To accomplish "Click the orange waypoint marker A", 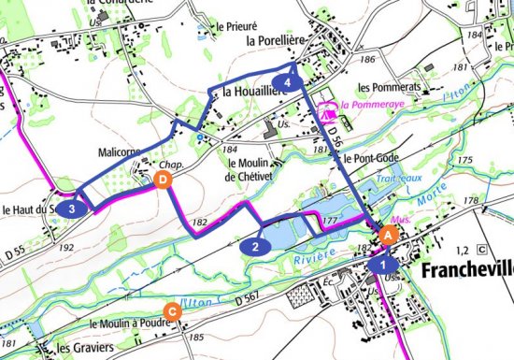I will pyautogui.click(x=389, y=237).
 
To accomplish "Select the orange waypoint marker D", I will pyautogui.click(x=164, y=179).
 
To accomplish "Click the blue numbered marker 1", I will pyautogui.click(x=378, y=266).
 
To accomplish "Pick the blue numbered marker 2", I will pyautogui.click(x=254, y=247).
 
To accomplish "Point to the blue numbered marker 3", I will pyautogui.click(x=72, y=209).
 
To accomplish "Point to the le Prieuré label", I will pyautogui.click(x=236, y=27).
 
